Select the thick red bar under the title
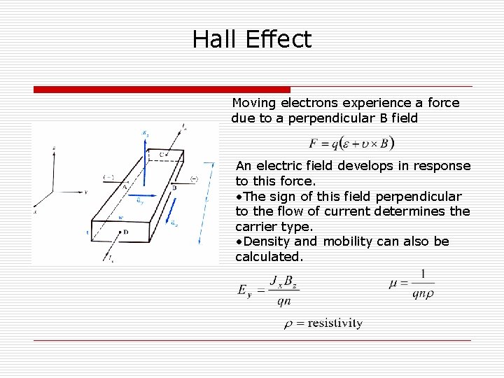pyautogui.click(x=162, y=90)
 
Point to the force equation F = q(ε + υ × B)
pyautogui.click(x=351, y=142)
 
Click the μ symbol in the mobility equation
pyautogui.click(x=393, y=283)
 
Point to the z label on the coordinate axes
pyautogui.click(x=54, y=148)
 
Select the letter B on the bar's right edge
pyautogui.click(x=174, y=187)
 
